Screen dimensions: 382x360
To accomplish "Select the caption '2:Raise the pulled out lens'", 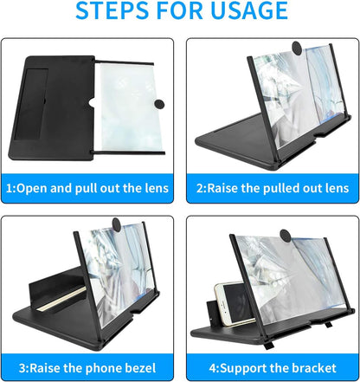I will (272, 188).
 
